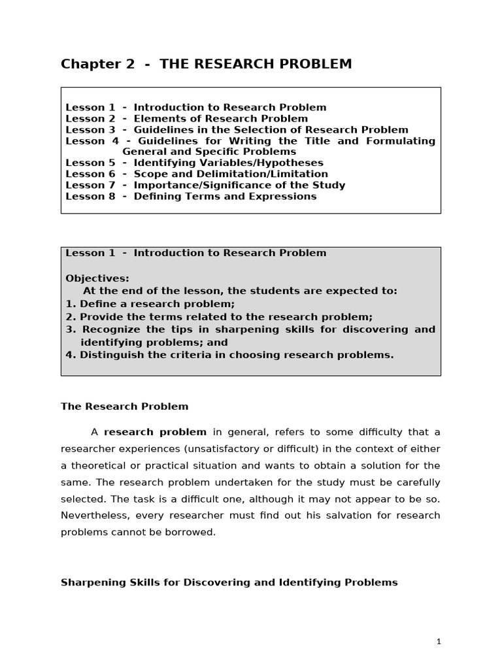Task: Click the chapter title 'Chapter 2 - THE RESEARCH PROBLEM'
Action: pos(206,64)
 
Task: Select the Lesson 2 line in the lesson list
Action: pos(186,119)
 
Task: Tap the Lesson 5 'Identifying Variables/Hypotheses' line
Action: pos(194,163)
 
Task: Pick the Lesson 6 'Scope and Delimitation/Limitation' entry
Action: pos(197,174)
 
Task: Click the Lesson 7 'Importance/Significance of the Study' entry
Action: pos(205,185)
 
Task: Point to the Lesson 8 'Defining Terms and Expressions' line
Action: pos(191,196)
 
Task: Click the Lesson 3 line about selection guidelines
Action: pos(237,130)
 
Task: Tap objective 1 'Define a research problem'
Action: pos(150,304)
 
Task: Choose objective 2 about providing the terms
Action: pos(219,317)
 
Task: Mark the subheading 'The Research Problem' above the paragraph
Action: pos(124,406)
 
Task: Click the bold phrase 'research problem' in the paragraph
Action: pos(155,432)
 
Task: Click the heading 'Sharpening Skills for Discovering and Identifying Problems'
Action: pos(229,582)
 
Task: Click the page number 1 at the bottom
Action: pos(439,642)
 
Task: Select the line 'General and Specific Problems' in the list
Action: pos(209,152)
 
